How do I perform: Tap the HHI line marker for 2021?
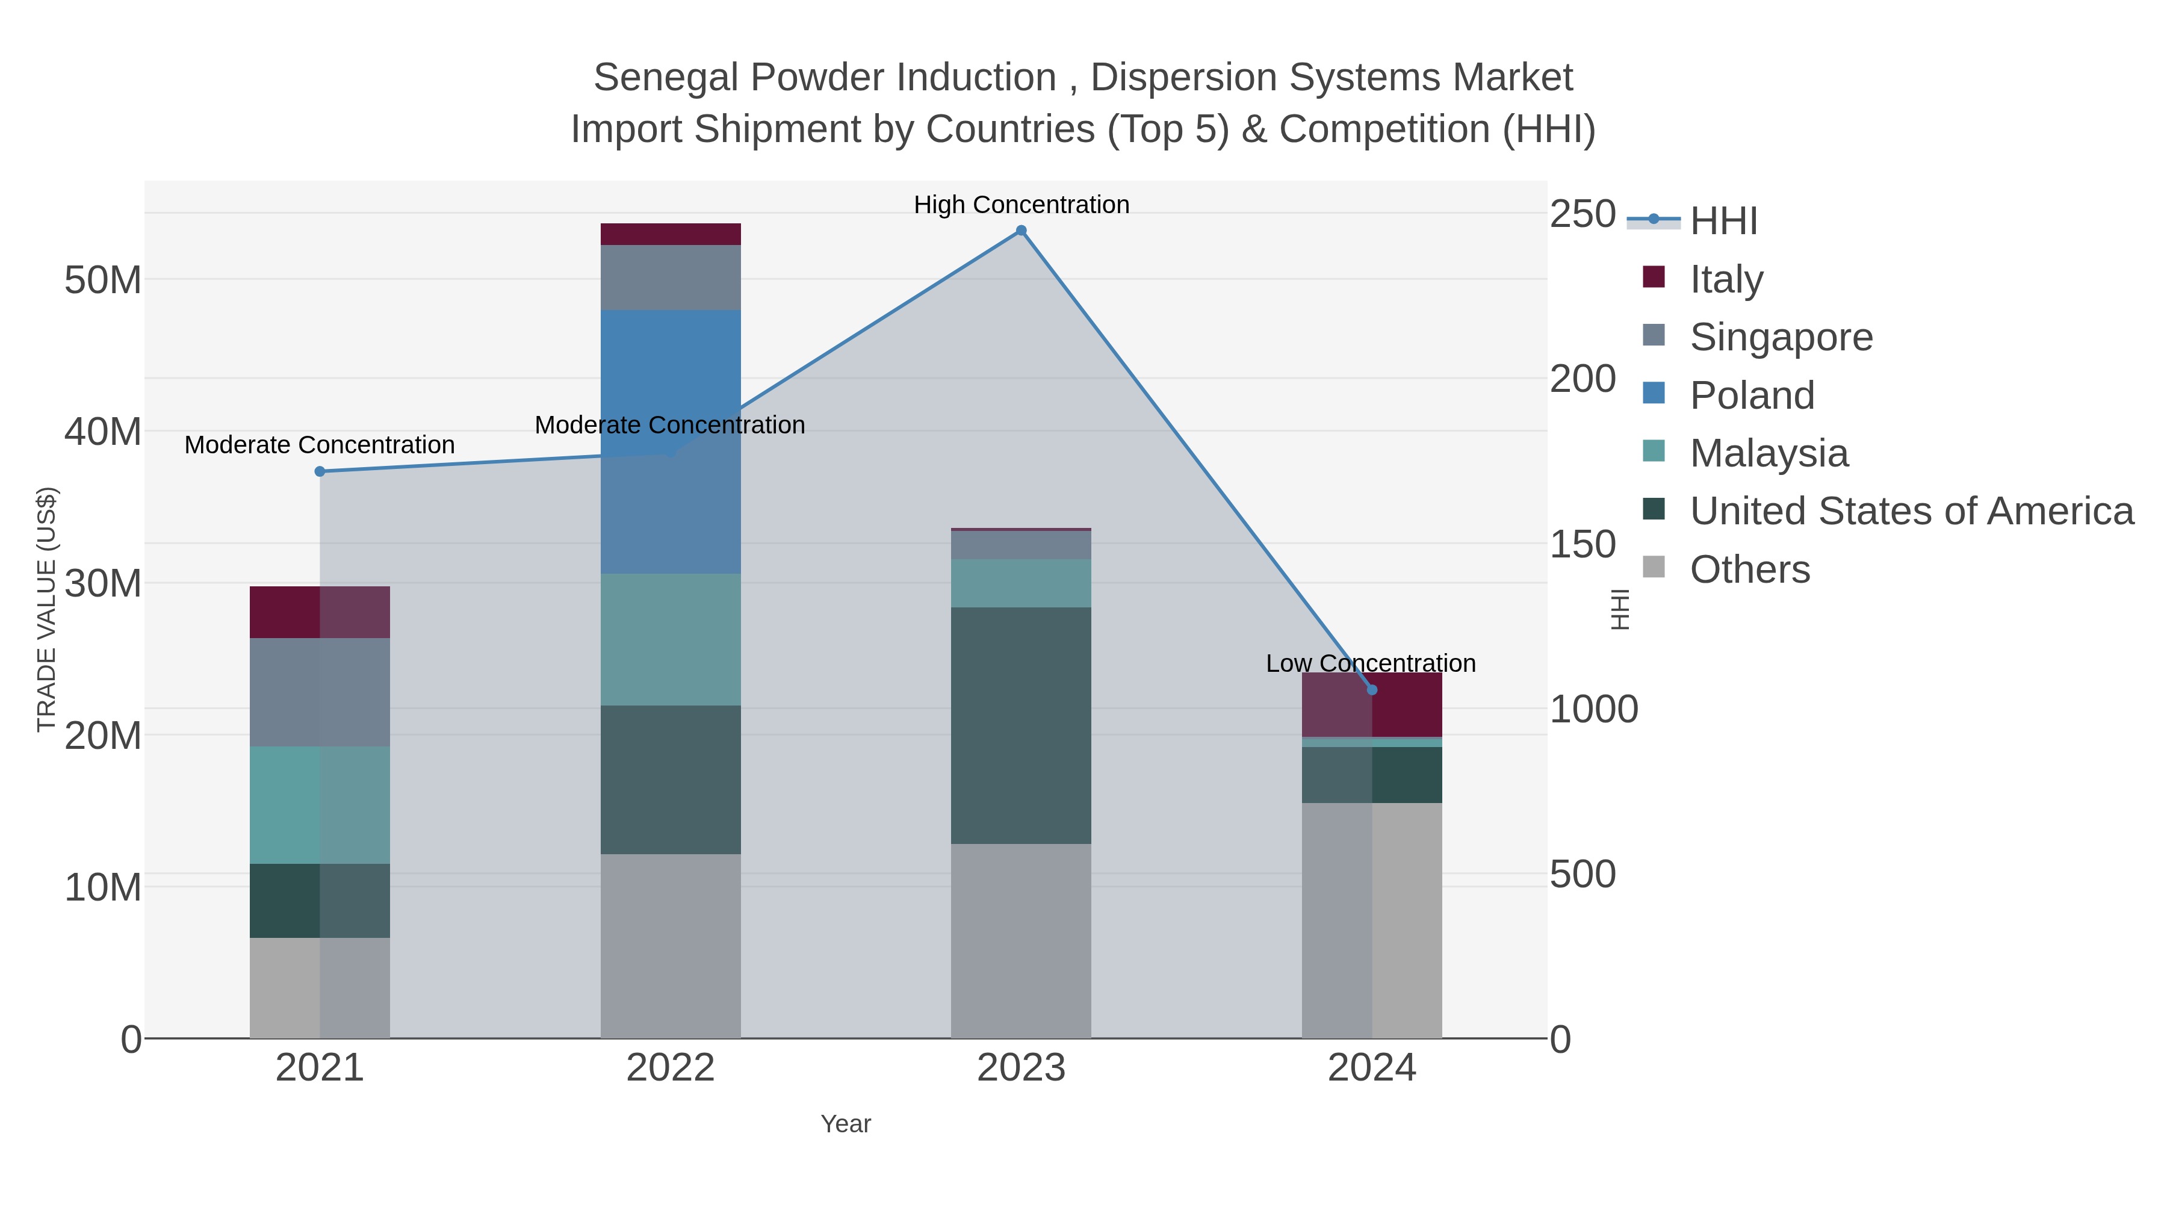point(320,472)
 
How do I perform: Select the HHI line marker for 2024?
point(1372,690)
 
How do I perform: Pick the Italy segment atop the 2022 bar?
point(671,234)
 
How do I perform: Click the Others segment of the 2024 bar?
point(1372,920)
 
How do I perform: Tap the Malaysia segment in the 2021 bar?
point(320,805)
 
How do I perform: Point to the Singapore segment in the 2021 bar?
point(320,692)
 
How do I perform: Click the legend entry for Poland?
point(1752,395)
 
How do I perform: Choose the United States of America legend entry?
point(1911,512)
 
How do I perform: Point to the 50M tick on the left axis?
point(102,280)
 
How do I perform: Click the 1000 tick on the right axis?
point(1593,709)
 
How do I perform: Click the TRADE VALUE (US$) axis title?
point(47,609)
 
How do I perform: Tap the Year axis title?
point(846,1124)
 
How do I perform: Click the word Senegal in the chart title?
point(665,78)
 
